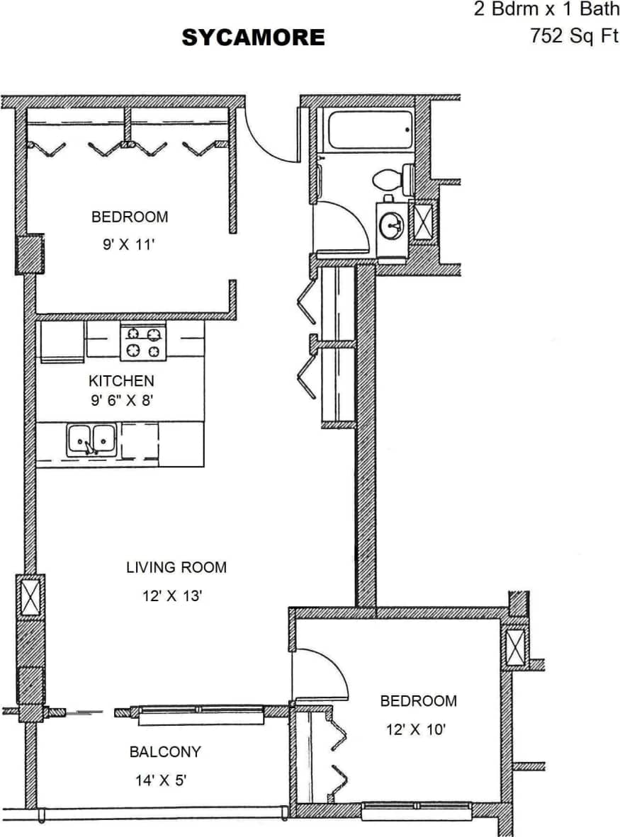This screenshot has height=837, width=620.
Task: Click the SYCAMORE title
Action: click(253, 38)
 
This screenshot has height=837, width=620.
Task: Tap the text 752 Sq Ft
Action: click(574, 36)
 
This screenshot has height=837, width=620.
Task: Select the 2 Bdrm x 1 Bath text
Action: click(546, 10)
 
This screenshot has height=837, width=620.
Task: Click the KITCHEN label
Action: click(121, 381)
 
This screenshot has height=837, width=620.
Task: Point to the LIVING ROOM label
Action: click(176, 567)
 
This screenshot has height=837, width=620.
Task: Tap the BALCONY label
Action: click(165, 752)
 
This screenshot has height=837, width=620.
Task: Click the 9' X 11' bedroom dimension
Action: click(128, 245)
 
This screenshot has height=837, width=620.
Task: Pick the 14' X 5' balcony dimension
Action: click(161, 781)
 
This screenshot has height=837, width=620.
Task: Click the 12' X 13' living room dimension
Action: click(173, 596)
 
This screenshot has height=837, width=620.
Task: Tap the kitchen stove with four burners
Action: click(142, 341)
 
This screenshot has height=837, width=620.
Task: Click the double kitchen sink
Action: click(92, 440)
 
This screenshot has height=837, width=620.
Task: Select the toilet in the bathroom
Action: click(394, 178)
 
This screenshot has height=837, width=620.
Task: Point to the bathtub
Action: click(365, 129)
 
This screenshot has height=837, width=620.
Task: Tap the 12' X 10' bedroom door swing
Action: click(323, 673)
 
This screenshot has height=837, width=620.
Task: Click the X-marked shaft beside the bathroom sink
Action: click(424, 221)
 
